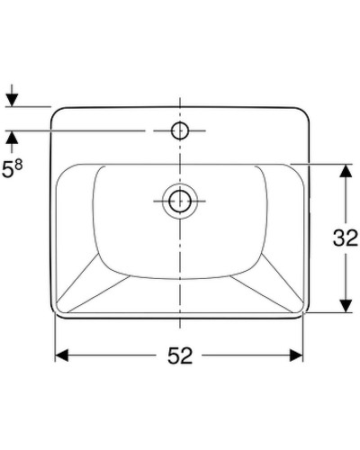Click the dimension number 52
(180, 355)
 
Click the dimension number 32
(346, 238)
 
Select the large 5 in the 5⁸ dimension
(9, 169)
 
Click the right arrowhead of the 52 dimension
(298, 355)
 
